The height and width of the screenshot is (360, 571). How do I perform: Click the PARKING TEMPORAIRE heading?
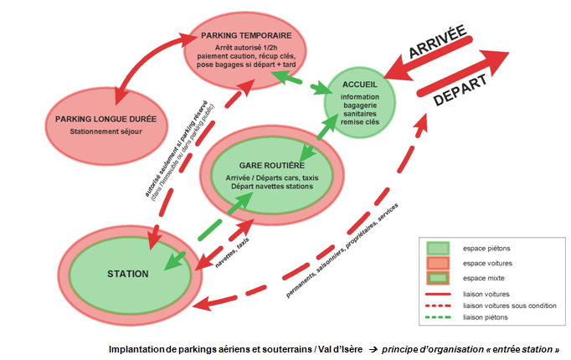tap(246, 36)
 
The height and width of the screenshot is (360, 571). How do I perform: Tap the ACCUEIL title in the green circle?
tap(359, 85)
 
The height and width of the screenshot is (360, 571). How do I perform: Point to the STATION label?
tap(128, 274)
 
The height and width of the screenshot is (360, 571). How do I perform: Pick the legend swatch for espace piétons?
tap(440, 248)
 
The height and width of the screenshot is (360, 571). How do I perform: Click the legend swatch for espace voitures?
tap(440, 263)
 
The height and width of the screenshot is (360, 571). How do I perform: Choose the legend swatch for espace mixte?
tap(440, 278)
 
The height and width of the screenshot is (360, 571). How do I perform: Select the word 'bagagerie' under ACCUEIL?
tap(360, 105)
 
